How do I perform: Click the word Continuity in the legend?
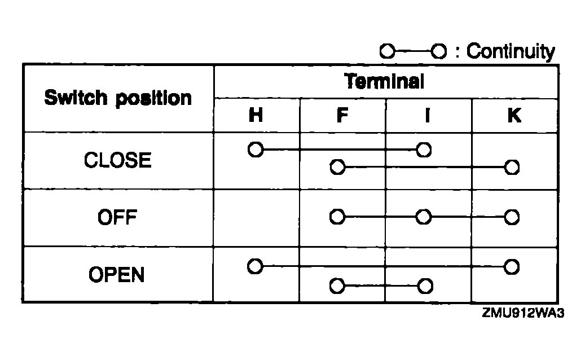click(x=511, y=52)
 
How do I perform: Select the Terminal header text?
click(x=384, y=82)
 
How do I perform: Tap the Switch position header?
click(x=118, y=98)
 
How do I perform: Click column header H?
click(x=256, y=116)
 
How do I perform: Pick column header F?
click(x=342, y=116)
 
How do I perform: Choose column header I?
click(x=428, y=116)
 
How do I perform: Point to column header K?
click(x=514, y=116)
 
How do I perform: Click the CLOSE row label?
click(x=118, y=161)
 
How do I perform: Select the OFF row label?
click(x=118, y=217)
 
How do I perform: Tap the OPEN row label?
click(x=117, y=275)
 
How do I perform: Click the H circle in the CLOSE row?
click(x=256, y=150)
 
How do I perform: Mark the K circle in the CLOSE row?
click(x=512, y=167)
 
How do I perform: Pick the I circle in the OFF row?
click(x=423, y=217)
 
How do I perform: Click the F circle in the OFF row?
click(x=337, y=217)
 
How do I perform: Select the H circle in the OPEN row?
click(x=256, y=266)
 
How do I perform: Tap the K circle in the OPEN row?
click(x=512, y=266)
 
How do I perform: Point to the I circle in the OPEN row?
click(x=425, y=286)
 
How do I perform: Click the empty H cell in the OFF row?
click(x=257, y=217)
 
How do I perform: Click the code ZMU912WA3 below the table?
click(x=523, y=313)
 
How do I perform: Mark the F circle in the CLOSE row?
click(x=337, y=167)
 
